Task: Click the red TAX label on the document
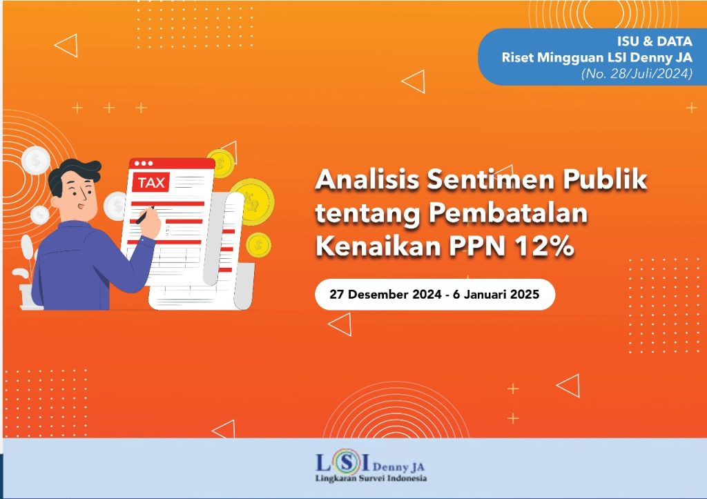click(x=151, y=182)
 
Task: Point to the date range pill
click(x=435, y=294)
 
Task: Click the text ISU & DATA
click(x=655, y=41)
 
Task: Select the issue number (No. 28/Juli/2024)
click(x=637, y=73)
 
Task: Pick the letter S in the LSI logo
click(x=346, y=462)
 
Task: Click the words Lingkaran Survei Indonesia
click(x=371, y=478)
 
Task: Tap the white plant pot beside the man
click(x=30, y=297)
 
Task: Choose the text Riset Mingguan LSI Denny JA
click(x=597, y=58)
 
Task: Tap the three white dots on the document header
click(x=144, y=163)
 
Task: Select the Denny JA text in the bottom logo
click(x=398, y=467)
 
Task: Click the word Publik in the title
click(x=605, y=179)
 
